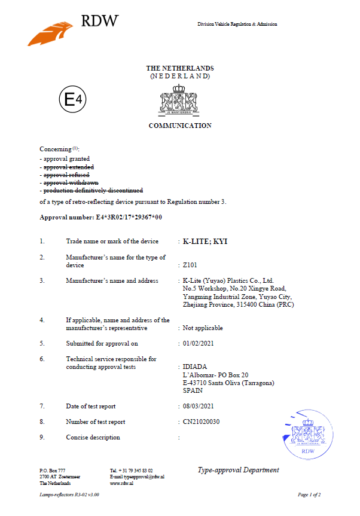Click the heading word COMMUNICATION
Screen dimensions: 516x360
(x=179, y=126)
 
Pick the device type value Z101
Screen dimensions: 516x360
(x=190, y=264)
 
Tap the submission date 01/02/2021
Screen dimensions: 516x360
(x=198, y=344)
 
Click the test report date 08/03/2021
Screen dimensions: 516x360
(x=198, y=407)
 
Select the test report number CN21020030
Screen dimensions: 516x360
(x=203, y=422)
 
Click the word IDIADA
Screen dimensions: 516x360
(x=194, y=367)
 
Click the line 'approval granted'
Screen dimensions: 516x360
(x=66, y=159)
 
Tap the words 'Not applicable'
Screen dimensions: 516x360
(x=203, y=328)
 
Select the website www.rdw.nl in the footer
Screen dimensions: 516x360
(x=121, y=483)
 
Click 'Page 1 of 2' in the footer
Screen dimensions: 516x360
(x=309, y=495)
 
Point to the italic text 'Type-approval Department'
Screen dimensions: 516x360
(x=238, y=470)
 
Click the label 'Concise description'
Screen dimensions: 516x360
(x=93, y=438)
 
